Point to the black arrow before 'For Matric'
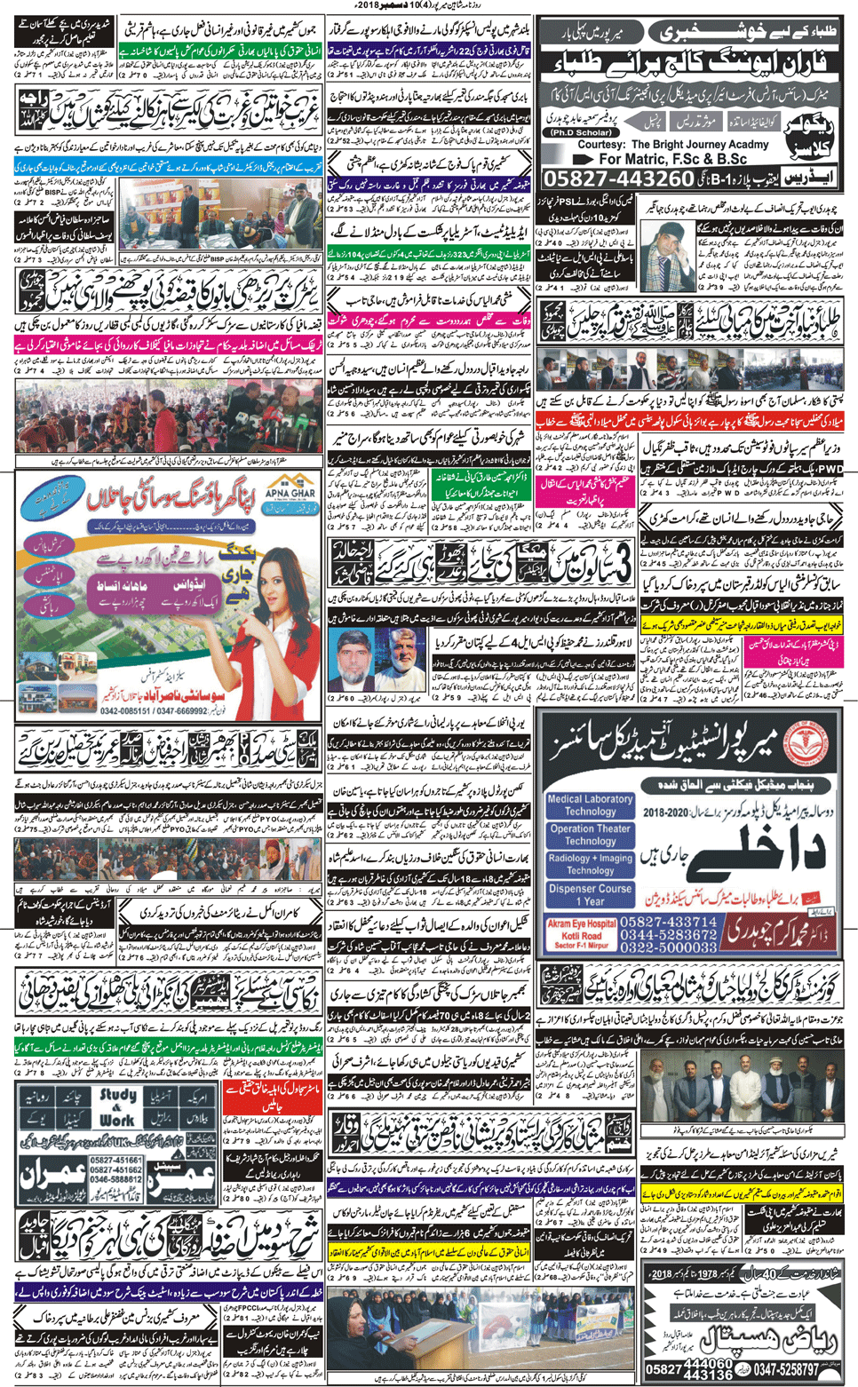(582, 159)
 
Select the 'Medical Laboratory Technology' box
(590, 805)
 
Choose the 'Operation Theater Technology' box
(590, 835)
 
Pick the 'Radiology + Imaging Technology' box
(590, 864)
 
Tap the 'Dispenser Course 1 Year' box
(590, 894)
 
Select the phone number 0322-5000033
(668, 948)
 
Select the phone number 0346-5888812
(115, 1179)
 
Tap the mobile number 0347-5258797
(782, 1369)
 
